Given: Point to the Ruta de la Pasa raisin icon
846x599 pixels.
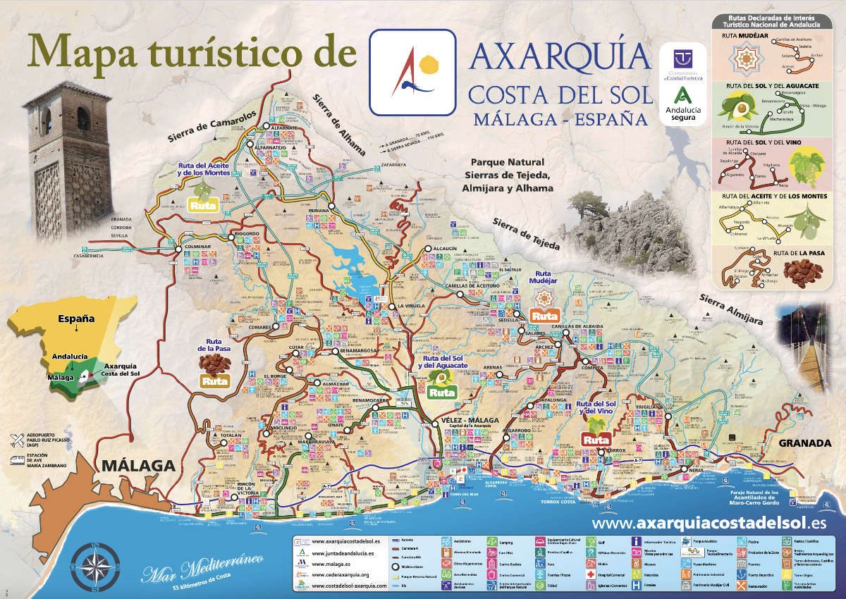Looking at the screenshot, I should pos(214,362).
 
